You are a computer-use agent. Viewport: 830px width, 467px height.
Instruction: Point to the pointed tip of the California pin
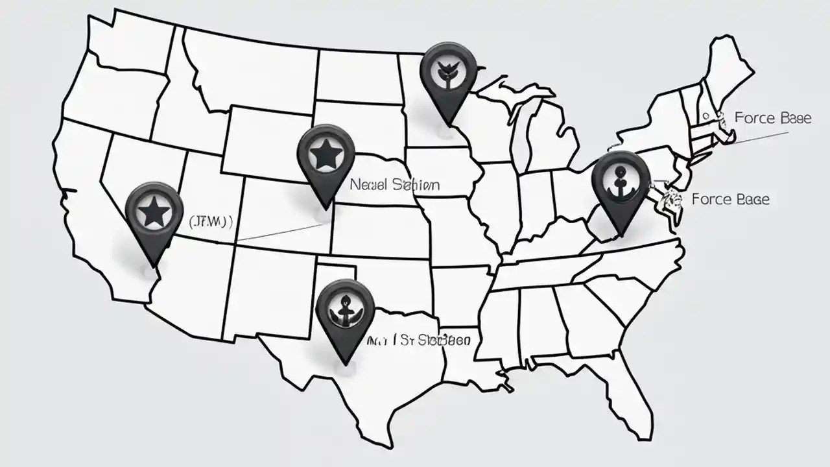coord(154,267)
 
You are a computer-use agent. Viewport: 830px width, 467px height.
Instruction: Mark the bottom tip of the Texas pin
coord(346,364)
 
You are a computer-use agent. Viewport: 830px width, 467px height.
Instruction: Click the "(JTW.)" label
coord(210,222)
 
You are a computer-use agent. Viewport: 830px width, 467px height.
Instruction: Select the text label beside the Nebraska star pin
coord(394,185)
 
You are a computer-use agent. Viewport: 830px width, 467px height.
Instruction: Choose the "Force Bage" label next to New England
coord(772,118)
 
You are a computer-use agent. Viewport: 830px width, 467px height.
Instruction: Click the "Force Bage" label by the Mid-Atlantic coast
coord(731,199)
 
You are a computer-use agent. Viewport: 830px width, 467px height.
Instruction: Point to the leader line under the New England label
coord(759,137)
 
